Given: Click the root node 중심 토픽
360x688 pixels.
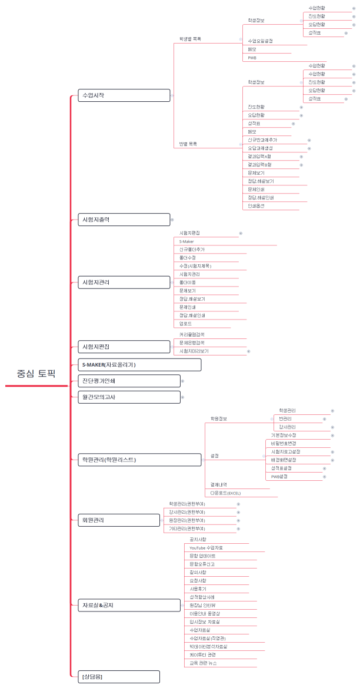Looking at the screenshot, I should pos(35,373).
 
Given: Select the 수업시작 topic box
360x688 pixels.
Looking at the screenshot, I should pos(124,95).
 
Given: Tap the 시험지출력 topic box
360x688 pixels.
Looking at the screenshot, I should pos(124,220).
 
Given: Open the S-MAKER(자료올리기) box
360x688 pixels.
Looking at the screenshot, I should pos(139,365).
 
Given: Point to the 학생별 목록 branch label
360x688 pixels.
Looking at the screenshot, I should pos(190,39).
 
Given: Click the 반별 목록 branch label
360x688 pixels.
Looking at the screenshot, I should pos(188,144).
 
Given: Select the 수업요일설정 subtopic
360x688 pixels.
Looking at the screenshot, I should pos(260,41).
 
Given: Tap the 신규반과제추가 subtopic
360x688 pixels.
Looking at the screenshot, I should pos(262,140).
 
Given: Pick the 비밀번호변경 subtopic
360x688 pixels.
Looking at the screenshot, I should pos(284,443).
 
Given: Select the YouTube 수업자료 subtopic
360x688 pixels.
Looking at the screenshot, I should pos(206,547).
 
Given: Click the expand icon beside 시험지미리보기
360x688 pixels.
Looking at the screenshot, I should pos(248,351).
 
